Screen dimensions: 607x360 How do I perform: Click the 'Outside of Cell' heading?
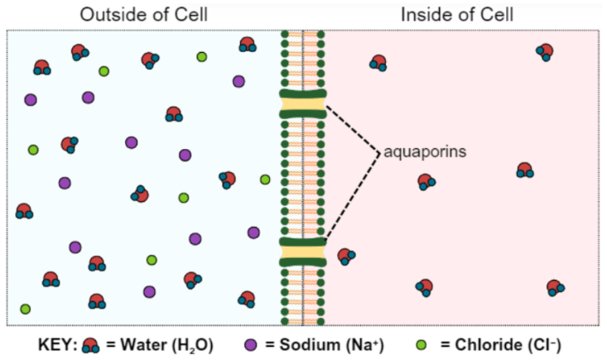click(143, 15)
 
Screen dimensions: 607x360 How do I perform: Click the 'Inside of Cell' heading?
click(457, 15)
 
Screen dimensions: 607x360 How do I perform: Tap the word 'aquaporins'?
click(425, 151)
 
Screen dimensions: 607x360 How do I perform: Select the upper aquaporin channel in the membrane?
click(303, 103)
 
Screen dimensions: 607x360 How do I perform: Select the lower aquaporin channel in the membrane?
click(303, 252)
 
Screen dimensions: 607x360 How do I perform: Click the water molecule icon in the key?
click(90, 345)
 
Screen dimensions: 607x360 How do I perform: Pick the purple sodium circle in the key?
click(251, 344)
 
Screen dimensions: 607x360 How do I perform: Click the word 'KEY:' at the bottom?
click(58, 344)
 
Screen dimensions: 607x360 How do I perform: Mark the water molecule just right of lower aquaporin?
click(345, 256)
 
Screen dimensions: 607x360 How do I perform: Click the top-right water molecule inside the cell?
click(545, 52)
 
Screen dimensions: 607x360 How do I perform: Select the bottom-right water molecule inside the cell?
click(555, 288)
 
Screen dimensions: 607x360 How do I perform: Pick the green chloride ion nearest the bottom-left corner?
click(25, 309)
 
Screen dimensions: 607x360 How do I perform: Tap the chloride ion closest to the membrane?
click(265, 180)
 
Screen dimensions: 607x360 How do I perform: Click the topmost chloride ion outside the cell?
click(202, 57)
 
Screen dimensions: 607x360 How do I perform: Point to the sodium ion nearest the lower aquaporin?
click(253, 233)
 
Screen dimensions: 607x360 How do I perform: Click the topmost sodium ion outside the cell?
click(238, 81)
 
